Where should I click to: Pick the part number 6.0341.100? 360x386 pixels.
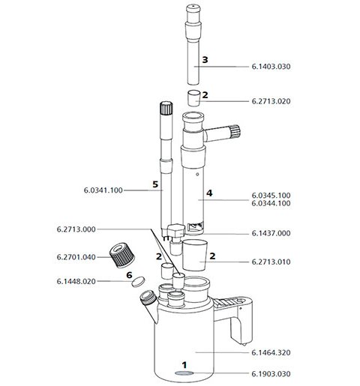tap(103, 191)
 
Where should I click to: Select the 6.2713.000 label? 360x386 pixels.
tap(76, 229)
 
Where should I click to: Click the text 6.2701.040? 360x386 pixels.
tap(76, 257)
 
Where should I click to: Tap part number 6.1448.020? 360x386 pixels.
tap(76, 282)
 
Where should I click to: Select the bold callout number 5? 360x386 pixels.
tap(154, 184)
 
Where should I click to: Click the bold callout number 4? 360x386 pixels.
tap(209, 193)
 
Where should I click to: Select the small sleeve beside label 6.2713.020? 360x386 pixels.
tap(193, 97)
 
